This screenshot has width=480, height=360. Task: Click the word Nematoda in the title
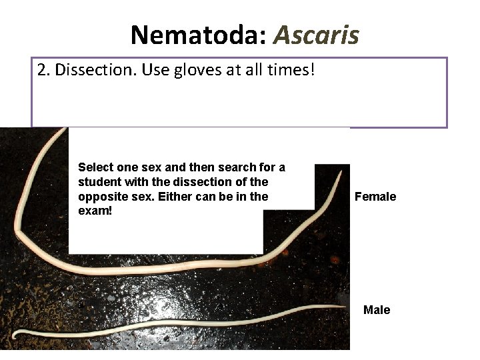(x=197, y=34)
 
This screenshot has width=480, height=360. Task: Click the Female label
(x=375, y=197)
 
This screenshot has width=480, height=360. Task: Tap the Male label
(x=377, y=310)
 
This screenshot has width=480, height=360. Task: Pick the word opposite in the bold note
(x=101, y=197)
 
